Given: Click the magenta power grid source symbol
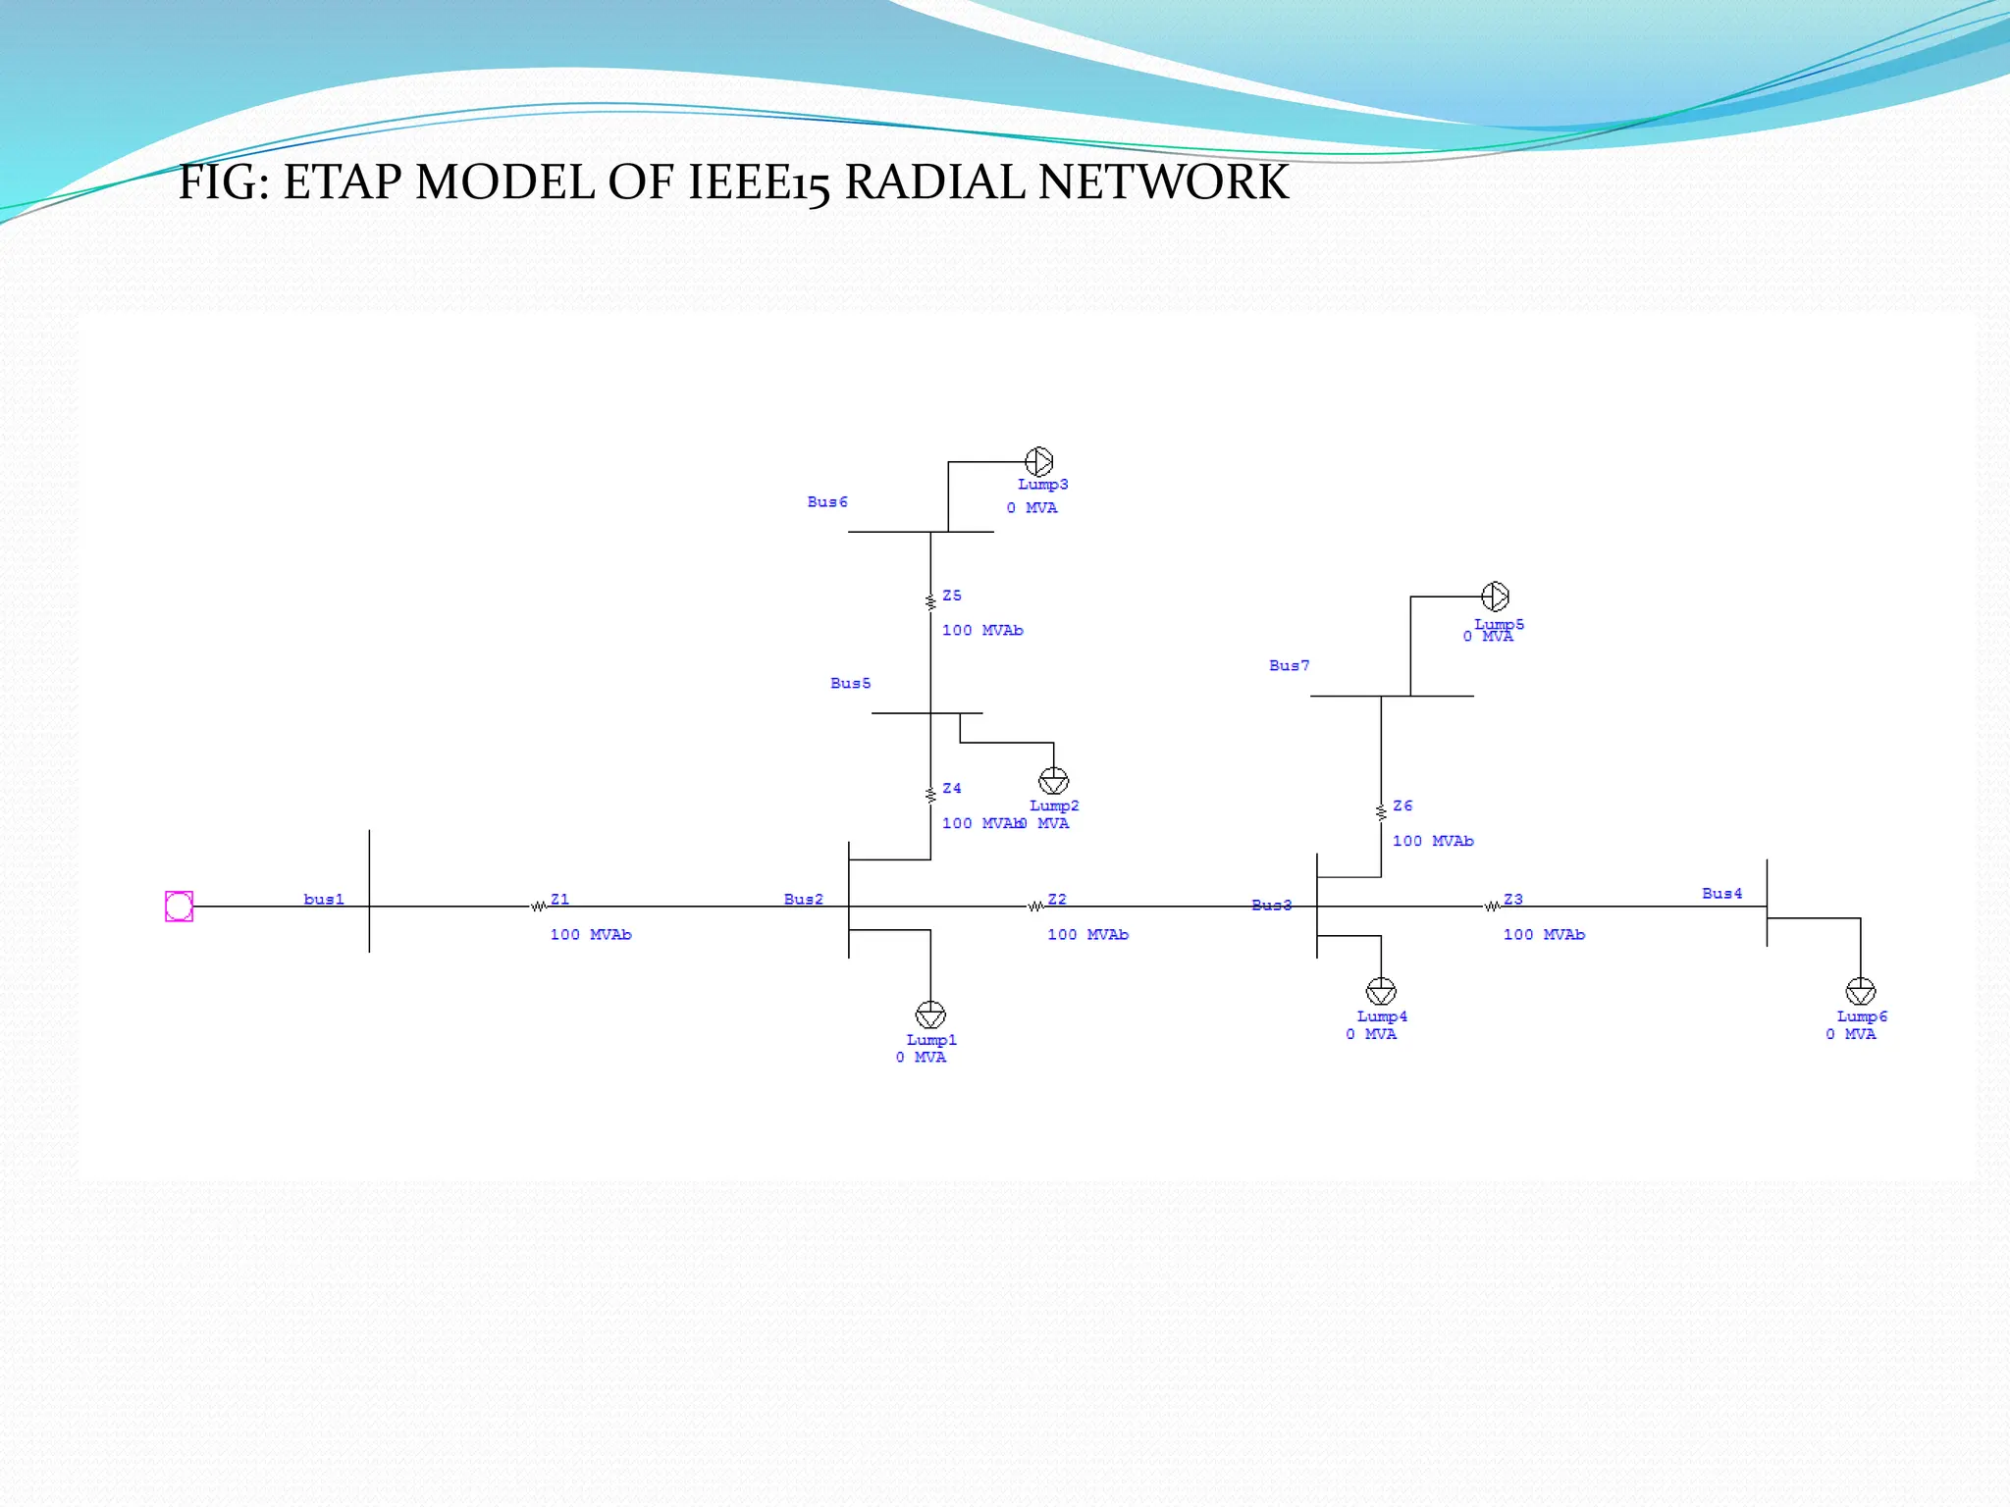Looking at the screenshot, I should (179, 906).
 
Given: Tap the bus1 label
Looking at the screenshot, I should (324, 899).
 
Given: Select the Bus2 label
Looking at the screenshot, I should (803, 899).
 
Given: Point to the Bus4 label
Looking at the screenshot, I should (1721, 893).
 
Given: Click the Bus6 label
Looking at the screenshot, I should (827, 501).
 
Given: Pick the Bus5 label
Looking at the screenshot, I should (850, 683).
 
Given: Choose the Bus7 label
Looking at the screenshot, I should (1289, 665).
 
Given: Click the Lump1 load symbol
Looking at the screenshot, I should (930, 1014).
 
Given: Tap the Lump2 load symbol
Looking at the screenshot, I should (1053, 781).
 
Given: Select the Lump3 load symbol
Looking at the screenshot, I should (1038, 461).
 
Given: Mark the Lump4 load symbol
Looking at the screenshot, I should (1381, 991).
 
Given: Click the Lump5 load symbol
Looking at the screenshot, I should (1495, 596).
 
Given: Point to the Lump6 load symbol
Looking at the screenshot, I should (1861, 991).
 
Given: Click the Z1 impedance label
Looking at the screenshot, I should (559, 899).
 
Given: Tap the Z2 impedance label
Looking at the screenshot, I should (1057, 899).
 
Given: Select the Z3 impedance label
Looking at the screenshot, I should (1513, 899).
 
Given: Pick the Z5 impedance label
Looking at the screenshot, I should (952, 596).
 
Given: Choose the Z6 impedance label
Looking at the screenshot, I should (1402, 805).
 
